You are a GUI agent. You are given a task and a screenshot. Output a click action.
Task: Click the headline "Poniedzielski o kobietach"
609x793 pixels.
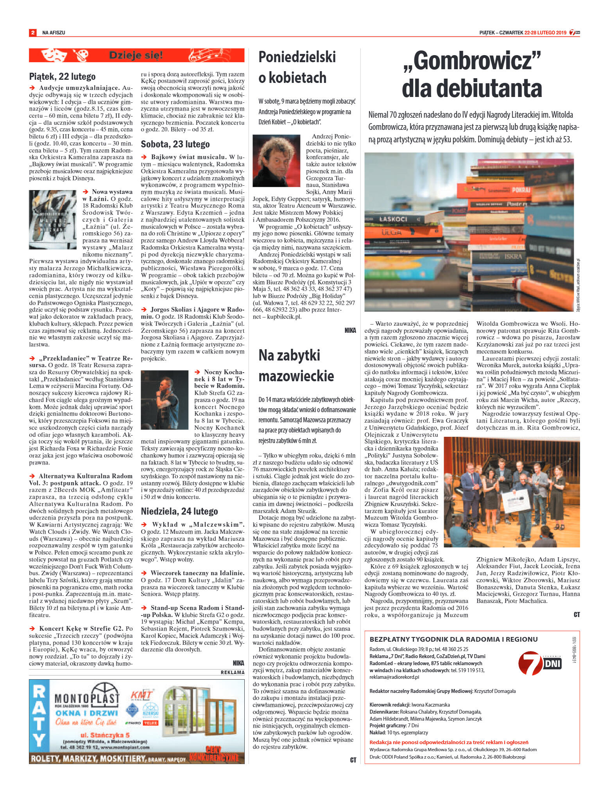tap(297, 67)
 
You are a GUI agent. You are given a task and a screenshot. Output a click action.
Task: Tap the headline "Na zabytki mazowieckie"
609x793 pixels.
tap(296, 365)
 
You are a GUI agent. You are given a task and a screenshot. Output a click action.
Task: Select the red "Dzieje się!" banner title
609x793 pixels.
tap(136, 55)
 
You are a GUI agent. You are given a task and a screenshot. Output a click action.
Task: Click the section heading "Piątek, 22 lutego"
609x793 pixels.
tap(62, 77)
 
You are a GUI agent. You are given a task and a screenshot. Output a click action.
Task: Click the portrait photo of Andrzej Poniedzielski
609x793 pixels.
tap(276, 161)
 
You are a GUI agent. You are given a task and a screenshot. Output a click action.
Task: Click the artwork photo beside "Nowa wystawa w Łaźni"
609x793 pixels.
tap(53, 219)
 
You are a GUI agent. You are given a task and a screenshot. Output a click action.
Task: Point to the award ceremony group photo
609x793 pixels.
tap(512, 492)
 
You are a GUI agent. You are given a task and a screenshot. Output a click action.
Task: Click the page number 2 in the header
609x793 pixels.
tap(33, 33)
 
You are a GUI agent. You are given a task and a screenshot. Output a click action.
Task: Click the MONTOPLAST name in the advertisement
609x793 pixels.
tap(86, 698)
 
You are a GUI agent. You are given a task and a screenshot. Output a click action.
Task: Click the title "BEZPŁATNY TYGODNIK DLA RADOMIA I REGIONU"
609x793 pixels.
tap(453, 639)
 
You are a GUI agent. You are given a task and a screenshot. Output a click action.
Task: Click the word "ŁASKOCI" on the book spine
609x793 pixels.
tap(393, 219)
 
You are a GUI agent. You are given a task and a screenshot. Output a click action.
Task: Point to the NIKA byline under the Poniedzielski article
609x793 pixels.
tap(350, 330)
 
